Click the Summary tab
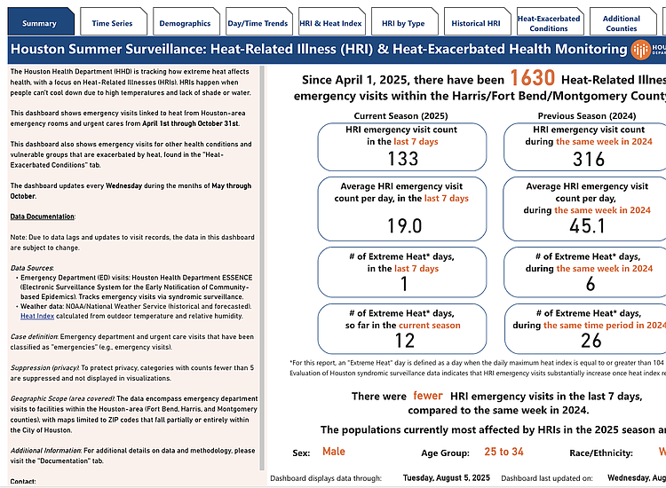[39, 23]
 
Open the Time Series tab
[112, 23]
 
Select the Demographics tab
[185, 23]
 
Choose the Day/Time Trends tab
[258, 23]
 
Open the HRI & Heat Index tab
[330, 23]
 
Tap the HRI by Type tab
[403, 23]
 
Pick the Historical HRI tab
[476, 23]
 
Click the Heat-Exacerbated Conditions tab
[549, 23]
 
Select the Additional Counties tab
[622, 23]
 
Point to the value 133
[403, 158]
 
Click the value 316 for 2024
[588, 158]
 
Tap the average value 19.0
[403, 225]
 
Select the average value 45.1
[588, 225]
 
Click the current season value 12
[403, 342]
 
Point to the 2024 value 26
[588, 342]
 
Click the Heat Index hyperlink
[37, 315]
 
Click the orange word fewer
[427, 396]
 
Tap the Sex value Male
[334, 452]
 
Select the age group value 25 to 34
[503, 452]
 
